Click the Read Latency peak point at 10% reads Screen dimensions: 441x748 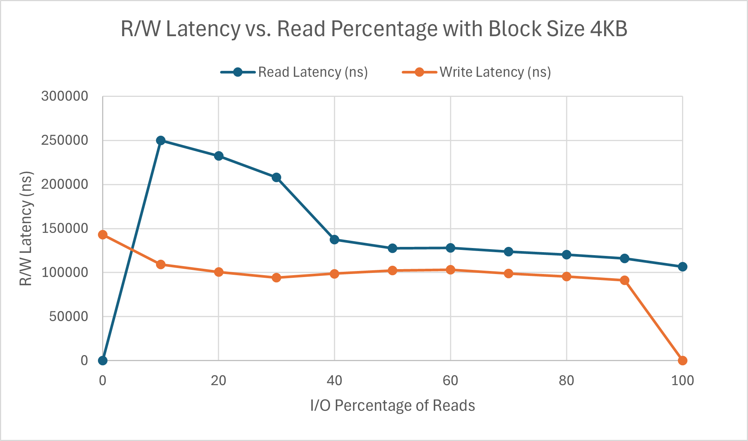(161, 141)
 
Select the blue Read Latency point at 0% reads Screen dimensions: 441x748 (102, 361)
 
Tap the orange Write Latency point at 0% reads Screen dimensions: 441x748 (102, 235)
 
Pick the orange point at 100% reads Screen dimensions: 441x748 (682, 361)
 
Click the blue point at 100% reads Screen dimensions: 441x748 (682, 267)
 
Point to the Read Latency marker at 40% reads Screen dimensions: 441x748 (335, 239)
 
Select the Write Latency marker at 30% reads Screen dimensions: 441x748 (277, 278)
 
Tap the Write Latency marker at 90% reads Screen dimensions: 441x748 (624, 280)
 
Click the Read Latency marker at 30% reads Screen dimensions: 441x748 (277, 177)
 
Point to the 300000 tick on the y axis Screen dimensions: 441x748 (64, 96)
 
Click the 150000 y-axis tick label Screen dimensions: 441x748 (64, 228)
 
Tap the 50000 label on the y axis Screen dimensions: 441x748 (68, 317)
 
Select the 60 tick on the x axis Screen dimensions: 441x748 (450, 381)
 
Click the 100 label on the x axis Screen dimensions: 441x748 (682, 381)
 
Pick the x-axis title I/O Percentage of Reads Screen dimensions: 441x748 (392, 406)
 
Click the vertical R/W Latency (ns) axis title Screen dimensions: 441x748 (26, 228)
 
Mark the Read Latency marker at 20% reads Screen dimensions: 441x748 (219, 156)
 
